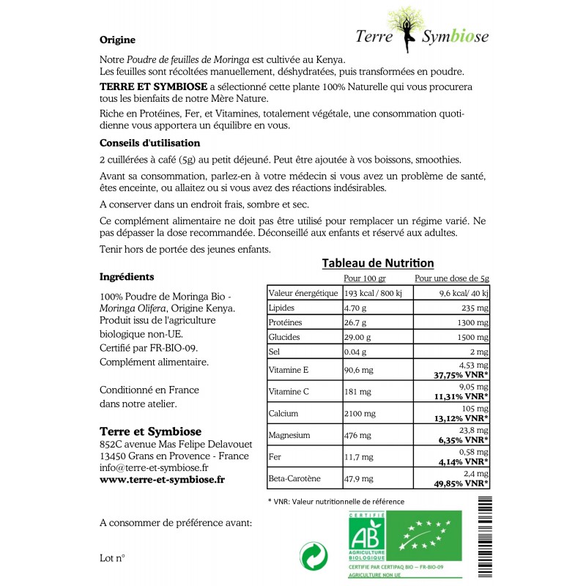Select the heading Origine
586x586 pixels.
(116, 40)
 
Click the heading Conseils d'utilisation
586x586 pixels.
(149, 143)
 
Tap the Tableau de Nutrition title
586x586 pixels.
(378, 263)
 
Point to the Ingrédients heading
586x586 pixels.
(126, 277)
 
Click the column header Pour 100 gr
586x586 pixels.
(364, 279)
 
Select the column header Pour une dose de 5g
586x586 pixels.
(452, 279)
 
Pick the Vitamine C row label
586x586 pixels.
(289, 391)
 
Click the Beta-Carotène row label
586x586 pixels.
(295, 480)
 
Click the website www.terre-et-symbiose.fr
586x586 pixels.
(162, 479)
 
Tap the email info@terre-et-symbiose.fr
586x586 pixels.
(154, 467)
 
